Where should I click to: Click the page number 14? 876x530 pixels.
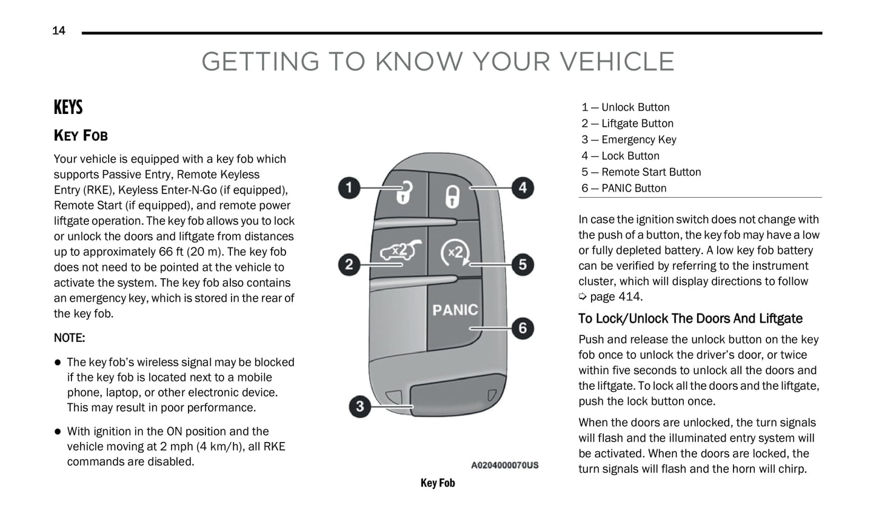click(x=59, y=30)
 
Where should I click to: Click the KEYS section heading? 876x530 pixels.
click(x=68, y=107)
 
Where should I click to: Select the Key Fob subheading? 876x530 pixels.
click(x=81, y=135)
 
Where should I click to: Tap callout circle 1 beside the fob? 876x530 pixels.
click(x=349, y=187)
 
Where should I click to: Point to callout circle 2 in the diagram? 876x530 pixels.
click(x=349, y=264)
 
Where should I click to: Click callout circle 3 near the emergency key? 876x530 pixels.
click(x=360, y=406)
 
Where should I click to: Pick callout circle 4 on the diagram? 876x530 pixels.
click(x=523, y=188)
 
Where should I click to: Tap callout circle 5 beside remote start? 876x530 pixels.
click(x=523, y=264)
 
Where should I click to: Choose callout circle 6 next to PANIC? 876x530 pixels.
click(x=523, y=329)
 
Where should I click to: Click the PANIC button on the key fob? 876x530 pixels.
click(x=455, y=310)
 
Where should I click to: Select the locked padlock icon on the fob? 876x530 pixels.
click(x=453, y=195)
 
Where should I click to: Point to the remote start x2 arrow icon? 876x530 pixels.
click(x=455, y=253)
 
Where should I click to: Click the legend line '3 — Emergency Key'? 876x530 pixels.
click(x=629, y=139)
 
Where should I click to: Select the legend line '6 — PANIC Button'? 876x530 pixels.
click(x=624, y=188)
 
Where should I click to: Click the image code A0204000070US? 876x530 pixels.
click(x=504, y=465)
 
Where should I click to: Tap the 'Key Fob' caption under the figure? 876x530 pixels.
click(x=438, y=483)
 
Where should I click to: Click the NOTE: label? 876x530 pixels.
click(x=69, y=338)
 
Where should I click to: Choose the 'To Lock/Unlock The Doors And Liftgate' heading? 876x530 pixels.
click(x=690, y=318)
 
